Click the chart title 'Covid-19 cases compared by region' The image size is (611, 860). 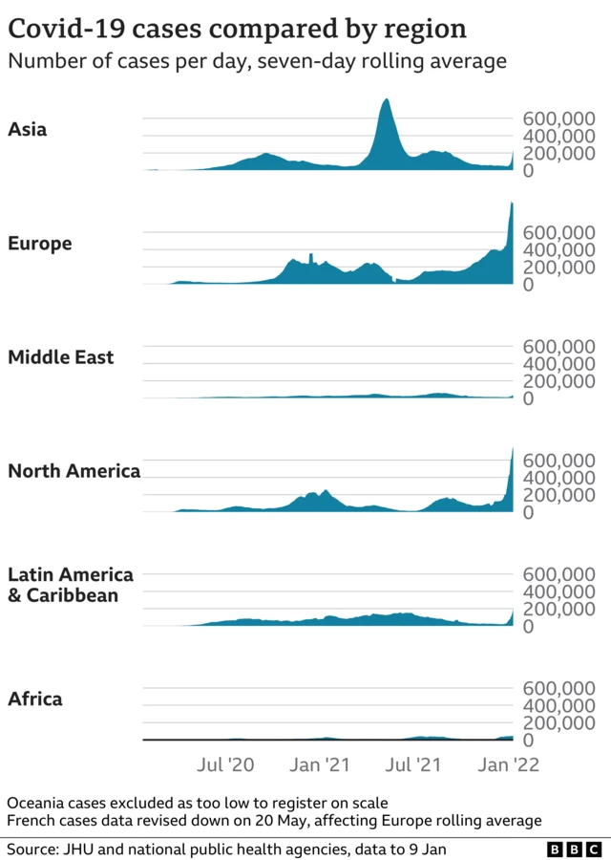[237, 29]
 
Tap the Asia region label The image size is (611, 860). [27, 130]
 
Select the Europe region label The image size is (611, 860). [39, 244]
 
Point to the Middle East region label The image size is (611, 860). [60, 357]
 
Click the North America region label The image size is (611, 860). [74, 471]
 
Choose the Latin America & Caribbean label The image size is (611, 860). [70, 585]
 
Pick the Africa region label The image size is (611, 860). [34, 699]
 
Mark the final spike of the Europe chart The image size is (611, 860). [512, 206]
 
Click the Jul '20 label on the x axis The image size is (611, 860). [226, 764]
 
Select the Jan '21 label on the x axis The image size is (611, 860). [319, 764]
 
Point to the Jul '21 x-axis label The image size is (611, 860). [413, 764]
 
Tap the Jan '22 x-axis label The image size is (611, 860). [508, 764]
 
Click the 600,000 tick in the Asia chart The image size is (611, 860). [558, 118]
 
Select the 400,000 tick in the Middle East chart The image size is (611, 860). [558, 364]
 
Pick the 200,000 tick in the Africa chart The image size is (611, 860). [558, 723]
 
